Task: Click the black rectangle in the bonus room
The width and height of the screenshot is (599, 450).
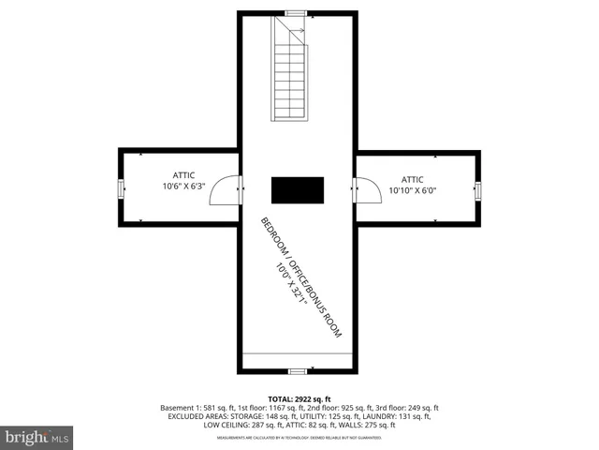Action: point(298,189)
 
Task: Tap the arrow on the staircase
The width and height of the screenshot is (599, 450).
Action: point(297,34)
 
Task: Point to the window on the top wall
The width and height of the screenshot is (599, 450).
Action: point(297,13)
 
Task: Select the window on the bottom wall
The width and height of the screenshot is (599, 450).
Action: point(297,370)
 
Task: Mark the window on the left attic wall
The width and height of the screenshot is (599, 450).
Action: point(120,188)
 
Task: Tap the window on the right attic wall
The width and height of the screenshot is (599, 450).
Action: point(476,190)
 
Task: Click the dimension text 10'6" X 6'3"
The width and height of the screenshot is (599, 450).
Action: point(183,186)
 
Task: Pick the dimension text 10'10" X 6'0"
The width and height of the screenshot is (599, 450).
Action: point(413,190)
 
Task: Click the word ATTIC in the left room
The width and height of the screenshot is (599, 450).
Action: point(183,174)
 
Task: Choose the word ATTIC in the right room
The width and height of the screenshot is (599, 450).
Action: point(413,179)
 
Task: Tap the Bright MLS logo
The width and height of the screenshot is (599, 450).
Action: point(37,437)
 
